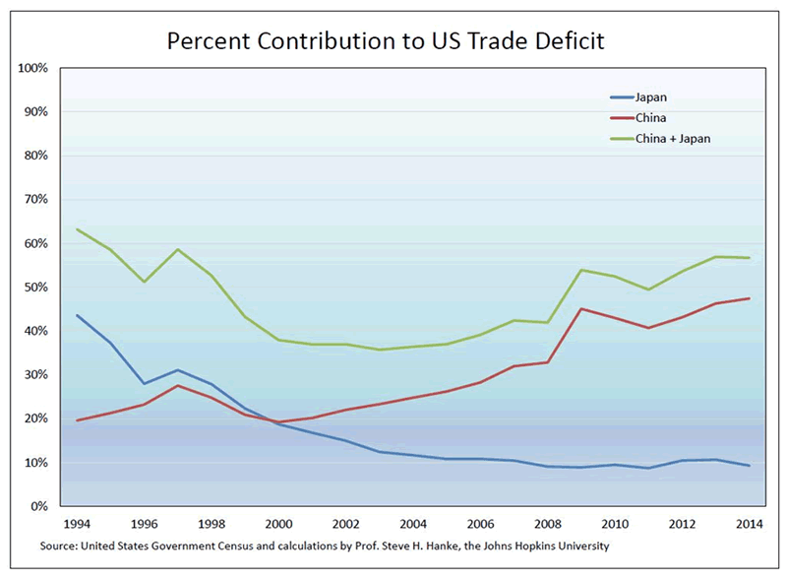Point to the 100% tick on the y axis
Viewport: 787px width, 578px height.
click(x=32, y=68)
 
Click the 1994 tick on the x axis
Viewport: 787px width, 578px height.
click(x=76, y=524)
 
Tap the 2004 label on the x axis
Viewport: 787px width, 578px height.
click(x=413, y=524)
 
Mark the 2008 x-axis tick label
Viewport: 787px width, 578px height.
click(x=548, y=524)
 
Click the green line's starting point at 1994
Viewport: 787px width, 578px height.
click(x=77, y=229)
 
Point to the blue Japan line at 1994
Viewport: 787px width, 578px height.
click(x=77, y=315)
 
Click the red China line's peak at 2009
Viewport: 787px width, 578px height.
click(x=582, y=308)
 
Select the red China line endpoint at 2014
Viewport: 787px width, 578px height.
click(x=751, y=298)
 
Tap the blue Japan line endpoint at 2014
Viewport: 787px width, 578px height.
click(x=751, y=466)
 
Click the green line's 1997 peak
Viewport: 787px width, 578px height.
click(x=178, y=249)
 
